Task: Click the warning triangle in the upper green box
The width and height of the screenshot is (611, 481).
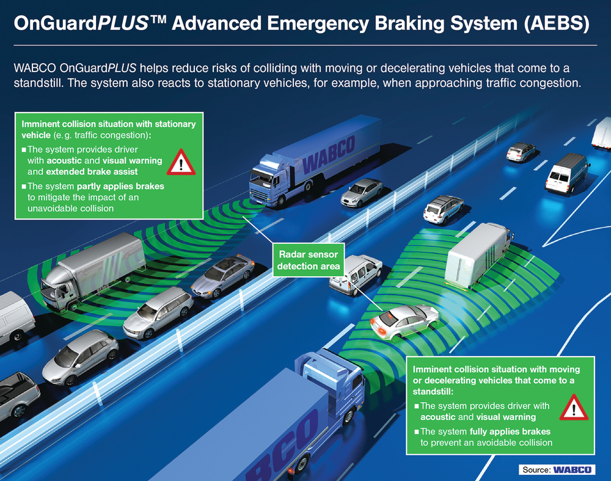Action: click(181, 162)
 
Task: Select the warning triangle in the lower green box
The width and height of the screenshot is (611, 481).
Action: click(573, 408)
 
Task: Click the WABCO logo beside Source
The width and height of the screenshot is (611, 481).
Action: click(573, 469)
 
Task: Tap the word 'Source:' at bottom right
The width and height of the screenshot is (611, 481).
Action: click(535, 470)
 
